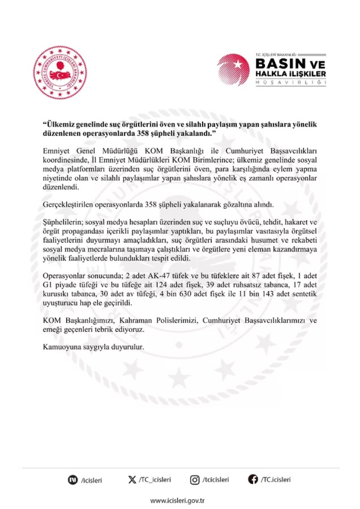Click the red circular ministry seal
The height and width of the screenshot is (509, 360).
(x=60, y=72)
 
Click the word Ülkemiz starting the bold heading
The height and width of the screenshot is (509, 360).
(x=61, y=124)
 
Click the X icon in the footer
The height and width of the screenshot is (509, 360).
(x=132, y=480)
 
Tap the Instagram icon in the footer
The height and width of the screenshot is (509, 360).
(x=195, y=480)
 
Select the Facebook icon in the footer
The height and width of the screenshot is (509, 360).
(x=253, y=480)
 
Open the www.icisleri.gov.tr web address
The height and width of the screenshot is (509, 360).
(x=178, y=500)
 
